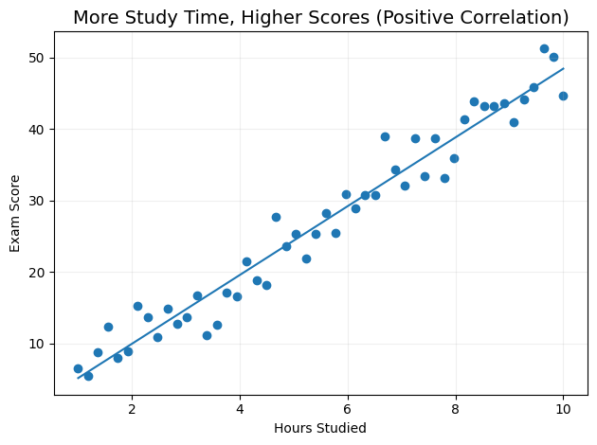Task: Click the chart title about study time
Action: (x=320, y=17)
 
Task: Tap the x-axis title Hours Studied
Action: (x=320, y=428)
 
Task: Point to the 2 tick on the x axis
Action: (x=132, y=409)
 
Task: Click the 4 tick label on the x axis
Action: (x=240, y=409)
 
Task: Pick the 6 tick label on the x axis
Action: (x=348, y=409)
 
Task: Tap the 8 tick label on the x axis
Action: (x=456, y=409)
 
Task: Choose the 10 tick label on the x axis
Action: (x=563, y=409)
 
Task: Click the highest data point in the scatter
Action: (x=544, y=48)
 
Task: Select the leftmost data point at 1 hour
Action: (x=78, y=368)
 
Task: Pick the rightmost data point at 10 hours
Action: (x=563, y=96)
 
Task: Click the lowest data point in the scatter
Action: (x=88, y=376)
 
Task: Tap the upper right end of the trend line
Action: (x=563, y=68)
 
